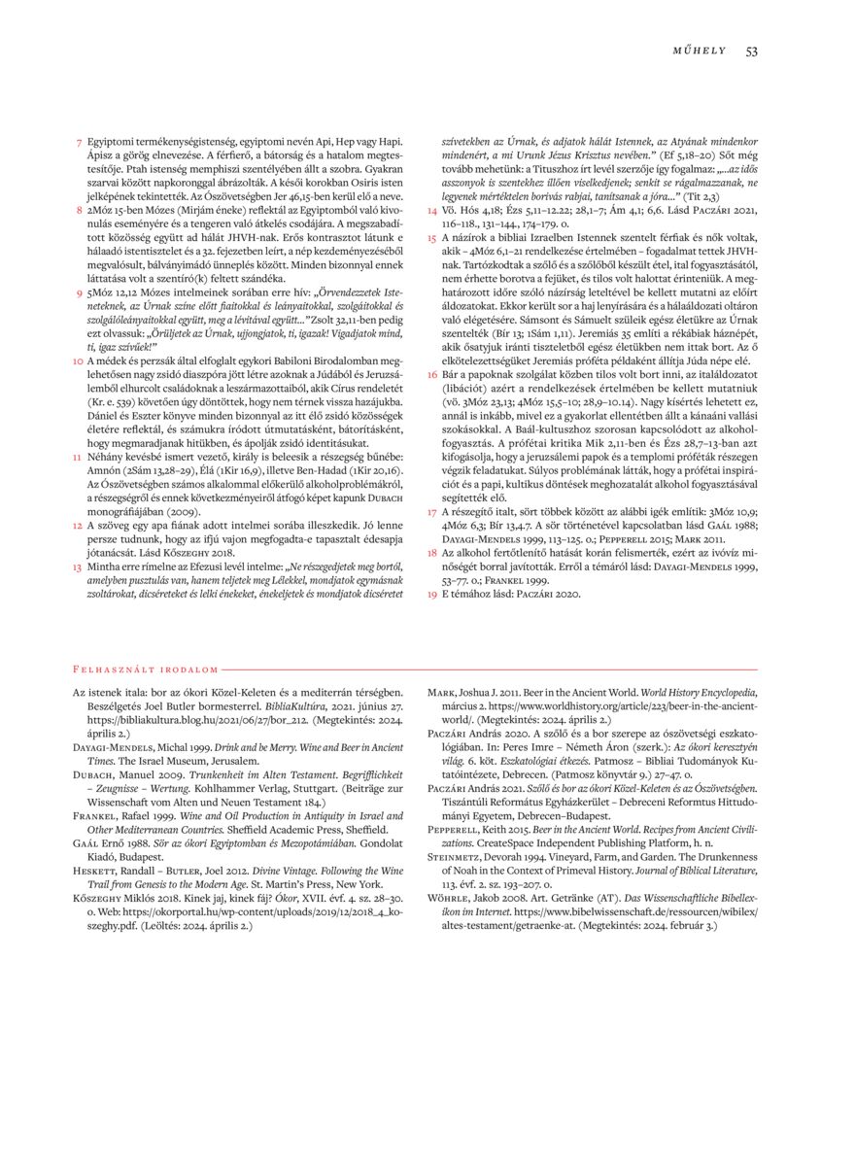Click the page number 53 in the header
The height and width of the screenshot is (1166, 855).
(751, 51)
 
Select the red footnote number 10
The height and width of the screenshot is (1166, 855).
(77, 360)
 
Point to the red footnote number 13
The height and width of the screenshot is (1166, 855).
(77, 565)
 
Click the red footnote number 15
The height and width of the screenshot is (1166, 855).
(432, 238)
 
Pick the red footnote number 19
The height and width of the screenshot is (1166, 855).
(432, 593)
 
